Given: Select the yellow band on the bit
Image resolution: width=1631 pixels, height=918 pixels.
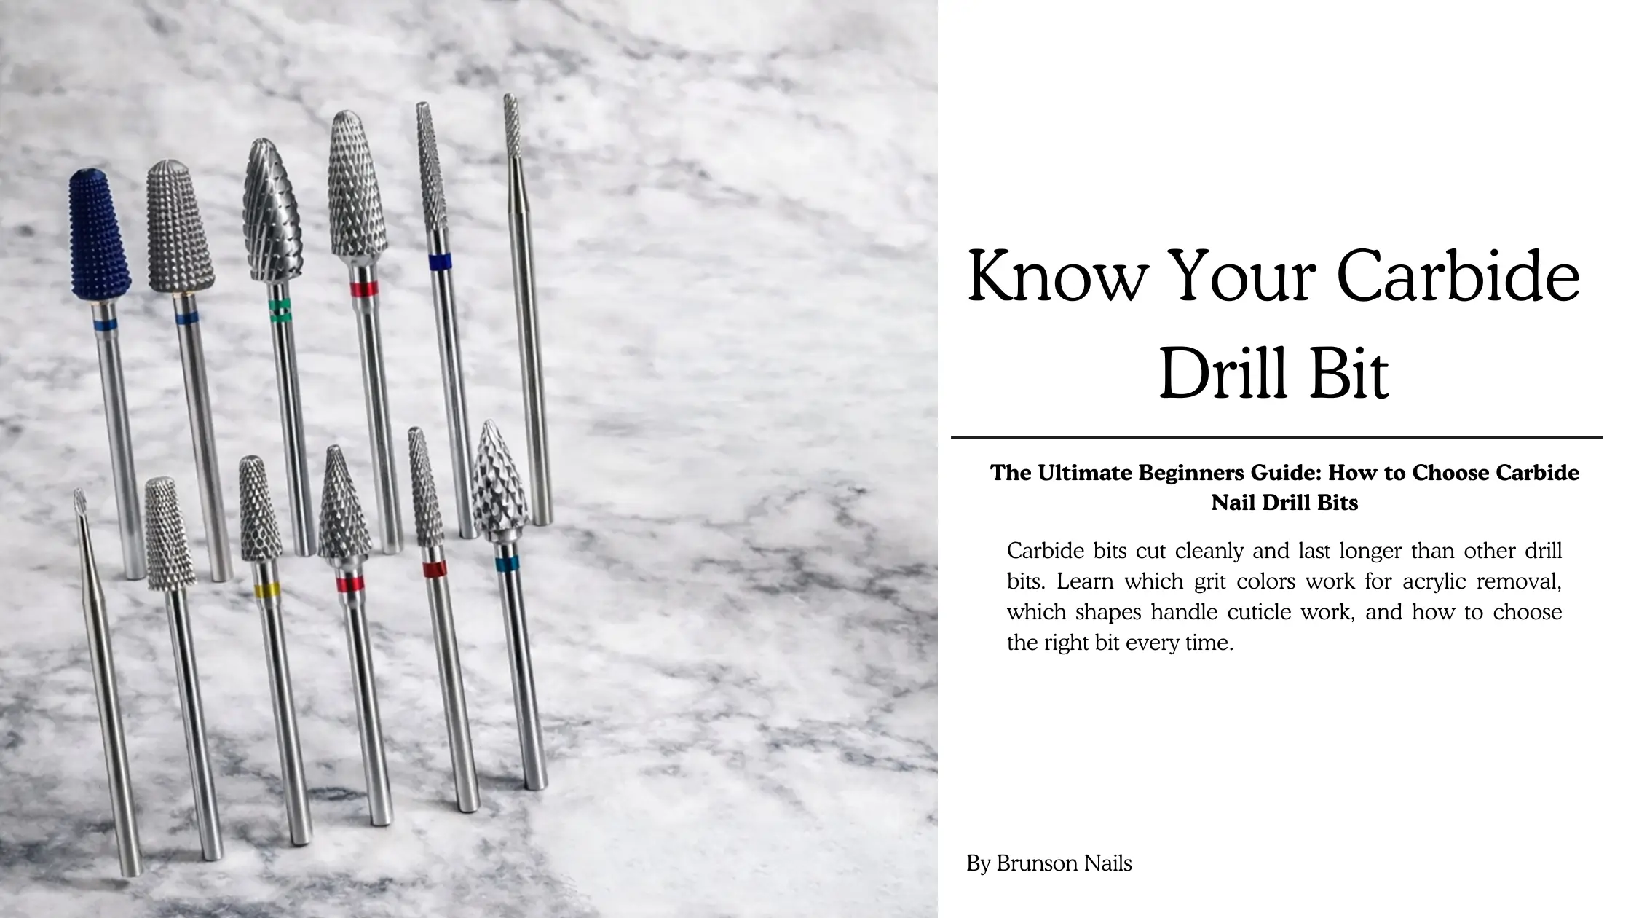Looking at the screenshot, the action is (x=268, y=589).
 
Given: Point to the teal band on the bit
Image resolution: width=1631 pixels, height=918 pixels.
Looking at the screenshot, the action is (x=507, y=563).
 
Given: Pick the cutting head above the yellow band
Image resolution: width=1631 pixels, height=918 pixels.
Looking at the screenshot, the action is (x=260, y=508).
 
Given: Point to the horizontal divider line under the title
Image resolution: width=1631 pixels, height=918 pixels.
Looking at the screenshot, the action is (x=1276, y=438).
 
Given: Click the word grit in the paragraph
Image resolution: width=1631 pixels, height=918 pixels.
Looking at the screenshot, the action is (x=1209, y=582).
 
